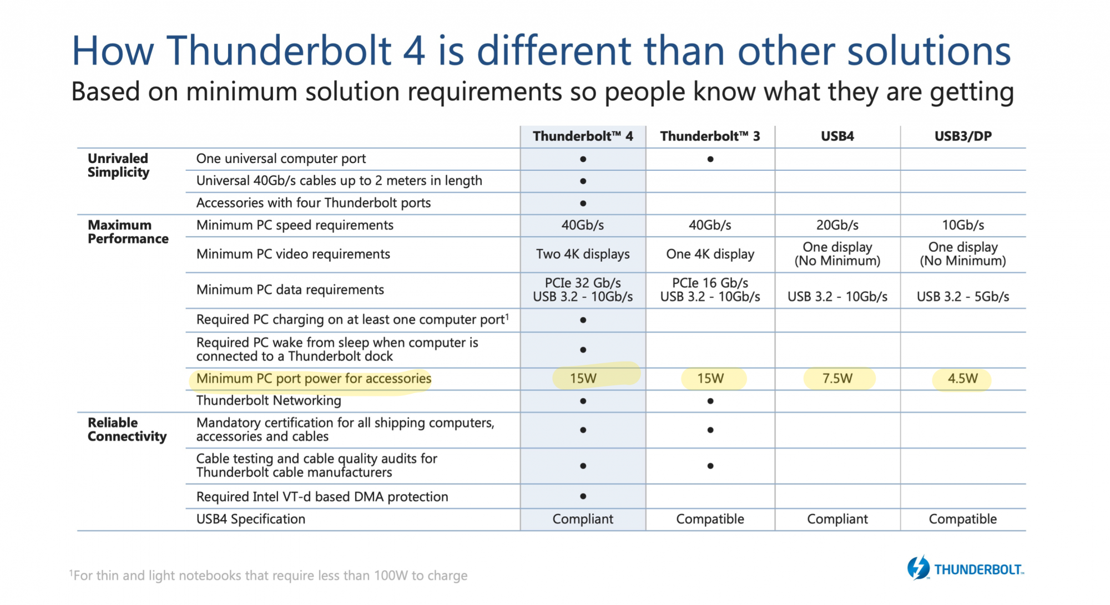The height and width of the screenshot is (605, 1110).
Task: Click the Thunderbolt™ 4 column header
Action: pyautogui.click(x=583, y=136)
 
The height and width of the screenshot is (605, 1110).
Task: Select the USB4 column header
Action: pyautogui.click(x=837, y=136)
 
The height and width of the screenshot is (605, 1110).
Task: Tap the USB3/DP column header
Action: pyautogui.click(x=963, y=136)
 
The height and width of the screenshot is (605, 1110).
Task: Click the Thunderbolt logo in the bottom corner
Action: pyautogui.click(x=966, y=568)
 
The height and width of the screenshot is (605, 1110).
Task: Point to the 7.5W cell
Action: pyautogui.click(x=837, y=379)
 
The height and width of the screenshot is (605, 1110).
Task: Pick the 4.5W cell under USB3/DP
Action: pyautogui.click(x=963, y=379)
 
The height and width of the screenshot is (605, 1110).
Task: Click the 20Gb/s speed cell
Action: pyautogui.click(x=837, y=225)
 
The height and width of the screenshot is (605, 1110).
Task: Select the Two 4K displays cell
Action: pyautogui.click(x=583, y=254)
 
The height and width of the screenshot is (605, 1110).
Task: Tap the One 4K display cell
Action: pyautogui.click(x=710, y=254)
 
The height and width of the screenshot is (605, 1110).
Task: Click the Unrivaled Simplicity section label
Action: pyautogui.click(x=118, y=165)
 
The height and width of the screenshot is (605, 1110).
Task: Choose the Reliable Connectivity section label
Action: pyautogui.click(x=127, y=430)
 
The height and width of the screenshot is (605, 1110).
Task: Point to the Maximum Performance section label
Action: pyautogui.click(x=128, y=232)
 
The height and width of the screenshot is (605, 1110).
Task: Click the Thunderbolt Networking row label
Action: pyautogui.click(x=269, y=400)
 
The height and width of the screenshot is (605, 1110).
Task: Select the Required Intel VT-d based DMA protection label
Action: pyautogui.click(x=322, y=497)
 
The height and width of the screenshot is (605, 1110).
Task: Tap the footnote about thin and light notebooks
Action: pyautogui.click(x=268, y=576)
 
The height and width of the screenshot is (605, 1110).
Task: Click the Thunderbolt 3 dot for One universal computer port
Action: pyautogui.click(x=710, y=159)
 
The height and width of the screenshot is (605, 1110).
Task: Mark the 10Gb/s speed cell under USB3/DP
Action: pyautogui.click(x=963, y=225)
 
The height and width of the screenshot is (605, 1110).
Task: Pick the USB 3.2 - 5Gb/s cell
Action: pyautogui.click(x=963, y=297)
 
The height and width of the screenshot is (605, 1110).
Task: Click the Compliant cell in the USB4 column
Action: pyautogui.click(x=837, y=519)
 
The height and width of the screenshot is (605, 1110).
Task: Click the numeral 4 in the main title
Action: pyautogui.click(x=414, y=50)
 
